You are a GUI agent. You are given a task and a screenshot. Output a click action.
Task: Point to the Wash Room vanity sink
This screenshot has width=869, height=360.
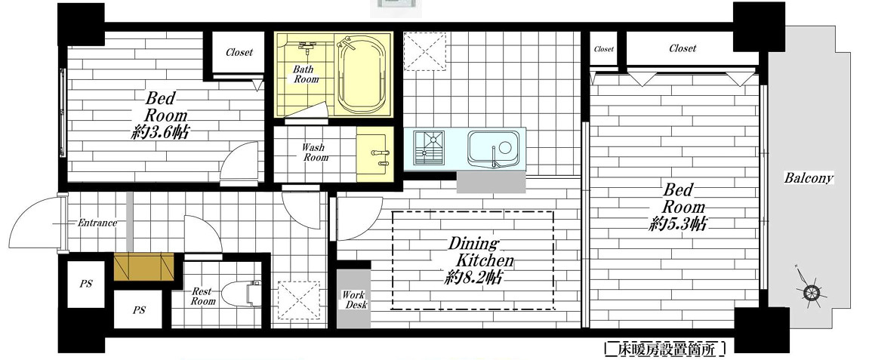click(x=374, y=153)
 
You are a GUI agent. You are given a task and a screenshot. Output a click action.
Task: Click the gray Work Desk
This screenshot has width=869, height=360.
click(x=353, y=299)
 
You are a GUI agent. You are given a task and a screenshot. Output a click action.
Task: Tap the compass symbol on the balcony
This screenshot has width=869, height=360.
click(x=809, y=291)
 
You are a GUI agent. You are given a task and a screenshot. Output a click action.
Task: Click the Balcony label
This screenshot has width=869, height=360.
click(x=809, y=178)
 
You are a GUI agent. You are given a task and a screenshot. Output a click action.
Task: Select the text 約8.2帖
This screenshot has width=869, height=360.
click(x=473, y=277)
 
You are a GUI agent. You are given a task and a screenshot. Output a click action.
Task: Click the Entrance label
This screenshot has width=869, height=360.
click(x=97, y=223)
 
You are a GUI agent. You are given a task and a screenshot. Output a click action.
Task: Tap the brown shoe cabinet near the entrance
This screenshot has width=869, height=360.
click(x=144, y=267)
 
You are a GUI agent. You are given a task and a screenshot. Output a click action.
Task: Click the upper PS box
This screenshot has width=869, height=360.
click(x=85, y=284)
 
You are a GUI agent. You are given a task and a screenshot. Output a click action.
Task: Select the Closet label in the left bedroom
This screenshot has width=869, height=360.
click(x=239, y=52)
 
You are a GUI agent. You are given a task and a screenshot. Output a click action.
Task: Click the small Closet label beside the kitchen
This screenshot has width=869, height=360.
click(x=603, y=49)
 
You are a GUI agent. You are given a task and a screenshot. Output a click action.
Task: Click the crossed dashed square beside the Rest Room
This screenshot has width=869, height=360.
click(x=299, y=300)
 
